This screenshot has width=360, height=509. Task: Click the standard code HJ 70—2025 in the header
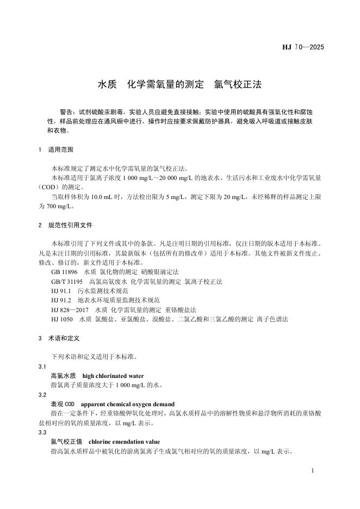[x=303, y=47]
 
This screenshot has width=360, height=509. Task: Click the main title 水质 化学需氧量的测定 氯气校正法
[x=179, y=85]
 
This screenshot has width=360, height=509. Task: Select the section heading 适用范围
[x=61, y=149]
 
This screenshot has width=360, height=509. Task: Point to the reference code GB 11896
[x=64, y=271]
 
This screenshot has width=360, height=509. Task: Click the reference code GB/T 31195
[x=67, y=281]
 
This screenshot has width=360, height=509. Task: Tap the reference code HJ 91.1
[x=61, y=291]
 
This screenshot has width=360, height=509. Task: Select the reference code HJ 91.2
[x=61, y=300]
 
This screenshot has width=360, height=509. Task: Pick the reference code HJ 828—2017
[x=70, y=309]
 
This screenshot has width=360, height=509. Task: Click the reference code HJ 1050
[x=62, y=319]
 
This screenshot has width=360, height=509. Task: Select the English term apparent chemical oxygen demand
[x=127, y=404]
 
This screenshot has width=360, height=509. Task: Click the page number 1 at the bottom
[x=313, y=469]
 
